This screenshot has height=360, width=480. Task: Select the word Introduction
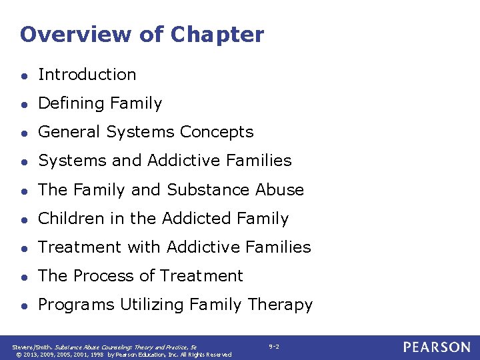tap(87, 75)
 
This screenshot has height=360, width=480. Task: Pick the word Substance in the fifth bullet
tap(209, 190)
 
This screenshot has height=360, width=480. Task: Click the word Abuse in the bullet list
tap(280, 190)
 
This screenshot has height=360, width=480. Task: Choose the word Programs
tap(76, 305)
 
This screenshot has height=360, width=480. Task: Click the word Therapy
tap(280, 305)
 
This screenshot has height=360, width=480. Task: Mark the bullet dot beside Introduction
tap(25, 75)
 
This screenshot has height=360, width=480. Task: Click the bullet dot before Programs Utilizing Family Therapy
tap(25, 305)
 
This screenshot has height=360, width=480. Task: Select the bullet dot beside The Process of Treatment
tap(25, 277)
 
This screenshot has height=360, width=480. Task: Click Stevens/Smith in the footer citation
tap(30, 347)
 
